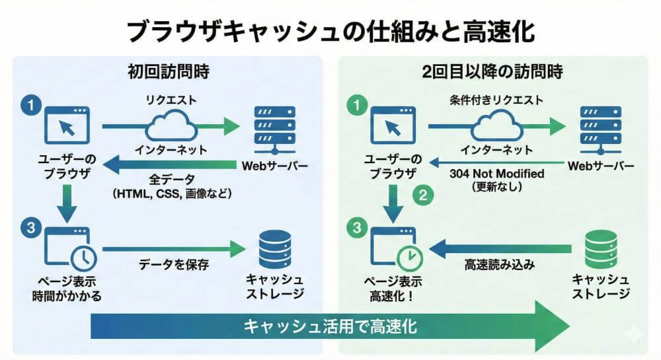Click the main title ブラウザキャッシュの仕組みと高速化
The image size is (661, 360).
(330, 30)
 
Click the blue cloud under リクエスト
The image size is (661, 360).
(171, 124)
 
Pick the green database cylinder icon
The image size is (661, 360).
(601, 249)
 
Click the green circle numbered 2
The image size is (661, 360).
(422, 195)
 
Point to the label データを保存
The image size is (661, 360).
(174, 265)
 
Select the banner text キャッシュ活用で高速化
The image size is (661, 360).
(330, 326)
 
